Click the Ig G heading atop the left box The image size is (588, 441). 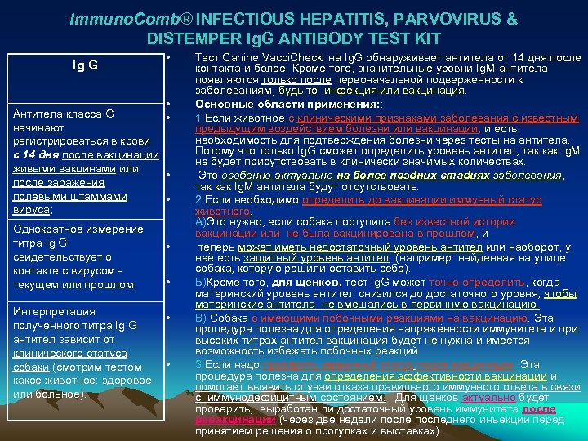[84, 65]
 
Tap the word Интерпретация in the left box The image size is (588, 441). [49, 311]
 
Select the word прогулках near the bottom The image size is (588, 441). [347, 430]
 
